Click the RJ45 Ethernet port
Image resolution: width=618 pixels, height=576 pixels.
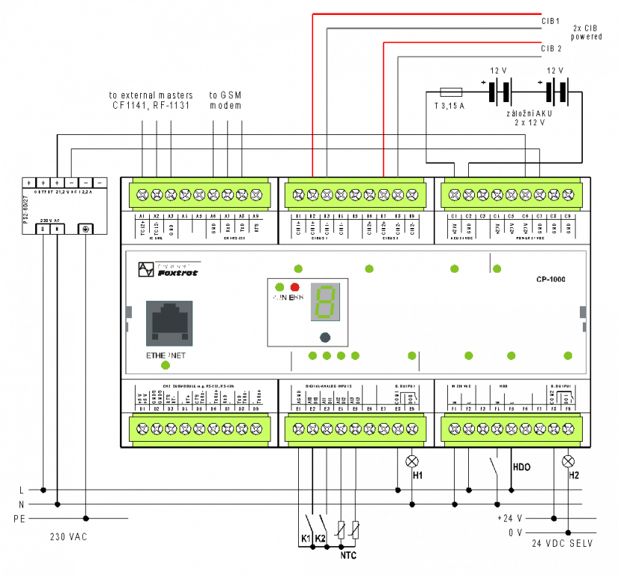tap(169, 323)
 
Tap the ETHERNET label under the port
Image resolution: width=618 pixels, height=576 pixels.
tap(166, 355)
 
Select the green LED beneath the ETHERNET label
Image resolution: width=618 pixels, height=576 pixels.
tap(166, 365)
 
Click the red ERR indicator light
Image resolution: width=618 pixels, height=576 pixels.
tap(294, 287)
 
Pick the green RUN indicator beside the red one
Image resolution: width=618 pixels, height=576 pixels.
tap(279, 287)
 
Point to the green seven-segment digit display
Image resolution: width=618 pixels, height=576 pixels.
tap(325, 302)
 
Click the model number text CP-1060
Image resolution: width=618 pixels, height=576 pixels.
tap(551, 280)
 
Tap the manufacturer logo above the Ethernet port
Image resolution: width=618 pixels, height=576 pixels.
tap(169, 270)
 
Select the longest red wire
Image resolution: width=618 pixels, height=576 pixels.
tap(427, 13)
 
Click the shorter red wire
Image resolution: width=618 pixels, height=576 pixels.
tap(462, 42)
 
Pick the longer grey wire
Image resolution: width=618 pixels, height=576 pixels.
tap(434, 28)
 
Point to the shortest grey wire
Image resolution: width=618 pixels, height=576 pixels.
tap(470, 56)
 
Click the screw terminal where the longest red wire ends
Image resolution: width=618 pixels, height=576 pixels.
tap(312, 195)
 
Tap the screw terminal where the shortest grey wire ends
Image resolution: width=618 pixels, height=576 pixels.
tap(398, 195)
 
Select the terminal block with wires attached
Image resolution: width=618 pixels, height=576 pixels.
tap(355, 195)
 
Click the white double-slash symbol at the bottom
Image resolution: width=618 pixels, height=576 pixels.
tap(348, 530)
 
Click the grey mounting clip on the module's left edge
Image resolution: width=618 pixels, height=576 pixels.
tap(128, 312)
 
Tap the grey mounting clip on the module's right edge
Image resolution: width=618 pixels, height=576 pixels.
tap(583, 312)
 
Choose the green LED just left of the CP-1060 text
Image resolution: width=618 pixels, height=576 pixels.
tap(497, 268)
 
